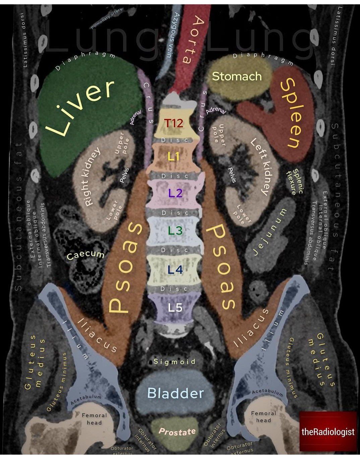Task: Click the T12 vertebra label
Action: pos(174,124)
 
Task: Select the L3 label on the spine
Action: pos(175,230)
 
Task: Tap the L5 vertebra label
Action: pos(175,307)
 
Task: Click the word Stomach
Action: pos(237,76)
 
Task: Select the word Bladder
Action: pos(175,393)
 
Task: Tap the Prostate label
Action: pos(177,432)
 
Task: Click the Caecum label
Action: pos(86,255)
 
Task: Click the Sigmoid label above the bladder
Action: pos(174,361)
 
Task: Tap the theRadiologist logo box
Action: pos(327,432)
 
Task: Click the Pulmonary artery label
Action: pos(107,19)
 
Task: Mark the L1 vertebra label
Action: pos(173,157)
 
